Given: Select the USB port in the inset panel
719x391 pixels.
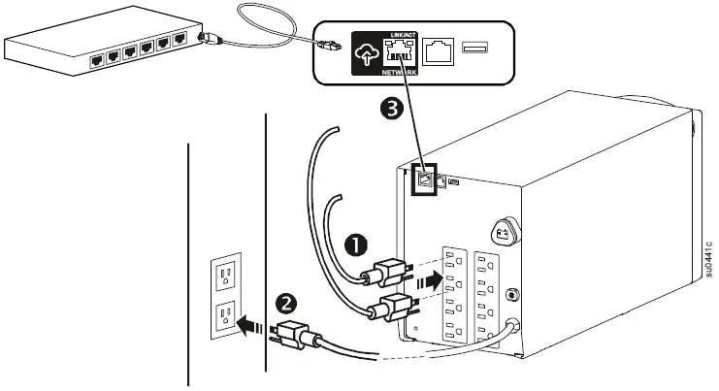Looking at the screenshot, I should pyautogui.click(x=474, y=49).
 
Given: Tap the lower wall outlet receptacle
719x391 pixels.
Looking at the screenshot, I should pyautogui.click(x=225, y=315).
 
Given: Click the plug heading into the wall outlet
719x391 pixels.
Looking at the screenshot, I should pyautogui.click(x=292, y=336).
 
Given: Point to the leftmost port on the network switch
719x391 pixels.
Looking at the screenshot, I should pyautogui.click(x=95, y=58).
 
